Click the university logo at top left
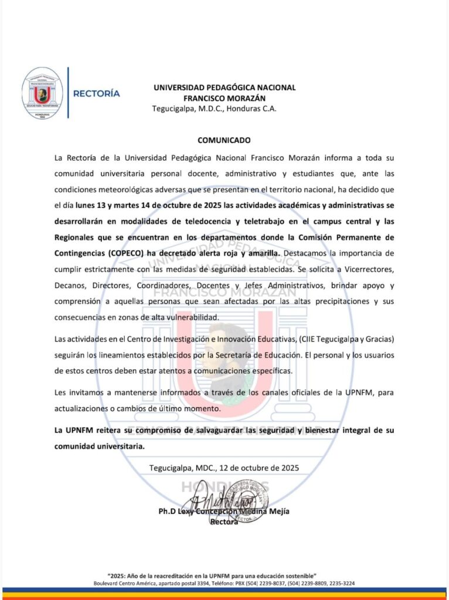[42, 93]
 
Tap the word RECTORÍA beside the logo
[96, 93]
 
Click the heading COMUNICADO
[224, 140]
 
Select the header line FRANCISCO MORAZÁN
[224, 98]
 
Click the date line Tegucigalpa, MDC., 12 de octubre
[224, 468]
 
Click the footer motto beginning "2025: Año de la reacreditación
[224, 577]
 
